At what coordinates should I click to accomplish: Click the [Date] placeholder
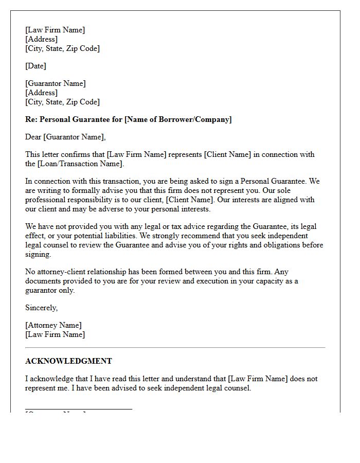(x=35, y=66)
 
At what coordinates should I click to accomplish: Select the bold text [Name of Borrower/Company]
(x=178, y=119)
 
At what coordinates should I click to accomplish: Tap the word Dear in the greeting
(x=33, y=137)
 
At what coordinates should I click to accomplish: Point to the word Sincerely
(x=41, y=308)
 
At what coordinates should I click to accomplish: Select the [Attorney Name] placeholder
(x=53, y=325)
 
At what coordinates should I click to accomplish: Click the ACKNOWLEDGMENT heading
(x=68, y=361)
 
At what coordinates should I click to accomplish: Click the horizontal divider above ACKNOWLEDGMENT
(x=175, y=348)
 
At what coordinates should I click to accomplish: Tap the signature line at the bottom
(x=78, y=409)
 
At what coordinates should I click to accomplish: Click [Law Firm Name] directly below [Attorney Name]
(x=55, y=334)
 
